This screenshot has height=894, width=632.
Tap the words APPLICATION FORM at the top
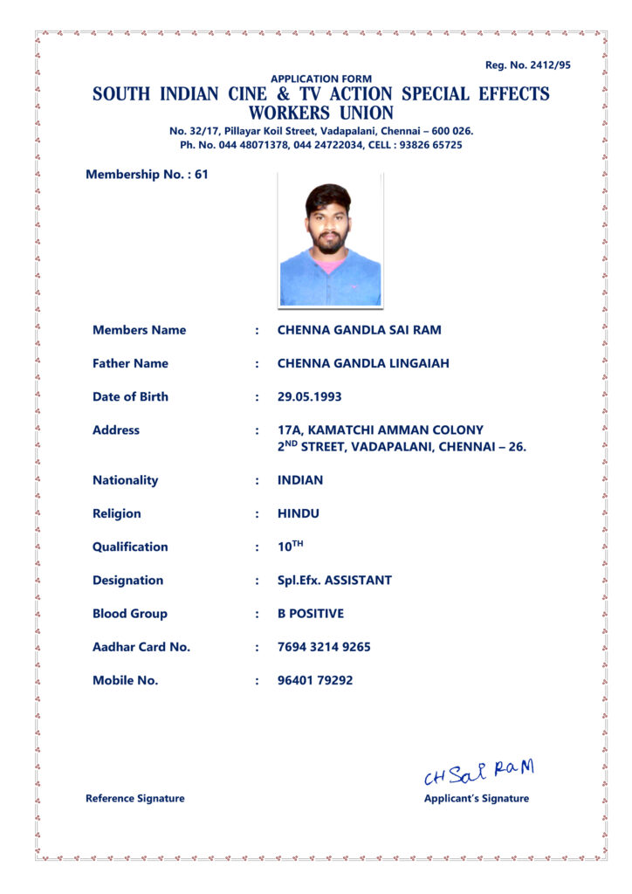321,79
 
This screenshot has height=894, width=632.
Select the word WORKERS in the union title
288,113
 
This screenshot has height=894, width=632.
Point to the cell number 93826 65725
430,145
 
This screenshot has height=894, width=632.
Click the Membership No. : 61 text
147,174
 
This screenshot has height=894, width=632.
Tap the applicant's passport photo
330,241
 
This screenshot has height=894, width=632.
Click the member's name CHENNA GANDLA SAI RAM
359,330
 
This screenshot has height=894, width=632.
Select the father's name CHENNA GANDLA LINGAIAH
363,363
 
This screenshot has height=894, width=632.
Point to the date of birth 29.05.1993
309,396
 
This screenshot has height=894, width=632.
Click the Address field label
116,430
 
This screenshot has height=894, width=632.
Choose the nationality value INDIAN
300,480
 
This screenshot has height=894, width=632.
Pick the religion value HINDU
299,513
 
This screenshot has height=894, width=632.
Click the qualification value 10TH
290,547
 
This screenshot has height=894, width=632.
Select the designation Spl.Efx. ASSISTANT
334,580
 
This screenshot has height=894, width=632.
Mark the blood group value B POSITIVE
311,613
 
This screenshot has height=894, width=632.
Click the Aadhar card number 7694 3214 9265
324,647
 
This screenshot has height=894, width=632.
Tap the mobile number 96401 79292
315,680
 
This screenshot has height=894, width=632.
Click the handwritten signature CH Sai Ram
477,772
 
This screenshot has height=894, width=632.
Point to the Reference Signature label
135,798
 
